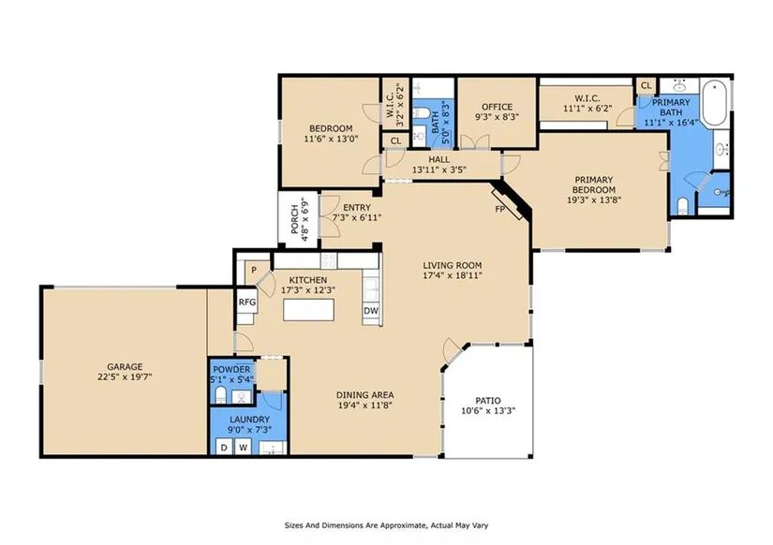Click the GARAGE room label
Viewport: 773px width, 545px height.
(x=125, y=367)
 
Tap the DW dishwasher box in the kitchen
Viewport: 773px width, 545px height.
(x=371, y=311)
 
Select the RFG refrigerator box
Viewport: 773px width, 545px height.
(x=247, y=302)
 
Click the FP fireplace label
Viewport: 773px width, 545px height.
(x=500, y=209)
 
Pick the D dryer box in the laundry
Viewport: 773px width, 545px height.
(x=224, y=448)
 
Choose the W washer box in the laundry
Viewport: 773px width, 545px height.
(x=243, y=448)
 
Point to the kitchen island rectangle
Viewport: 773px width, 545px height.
(x=308, y=310)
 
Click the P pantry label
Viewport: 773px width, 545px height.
(x=254, y=270)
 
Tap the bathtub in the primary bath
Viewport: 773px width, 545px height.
(x=714, y=102)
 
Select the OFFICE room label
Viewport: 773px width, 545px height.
(x=497, y=107)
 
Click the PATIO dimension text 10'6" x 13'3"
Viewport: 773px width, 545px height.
(x=488, y=410)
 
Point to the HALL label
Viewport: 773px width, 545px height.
(x=439, y=159)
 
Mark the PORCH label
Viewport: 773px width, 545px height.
(x=295, y=220)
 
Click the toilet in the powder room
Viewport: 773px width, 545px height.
(x=220, y=395)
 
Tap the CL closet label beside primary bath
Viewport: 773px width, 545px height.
(x=646, y=86)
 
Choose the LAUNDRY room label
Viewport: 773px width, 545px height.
(x=249, y=420)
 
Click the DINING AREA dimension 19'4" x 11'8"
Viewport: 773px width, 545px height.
(x=364, y=405)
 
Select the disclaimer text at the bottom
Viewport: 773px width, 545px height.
(x=386, y=525)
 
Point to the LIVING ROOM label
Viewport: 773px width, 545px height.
(x=452, y=265)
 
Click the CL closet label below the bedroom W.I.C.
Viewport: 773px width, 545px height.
(x=395, y=140)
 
